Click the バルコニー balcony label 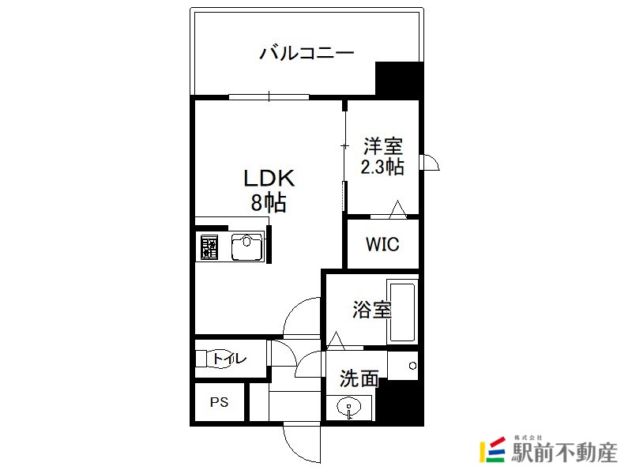coord(307,53)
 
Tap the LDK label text coord(269,179)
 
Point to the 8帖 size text coord(269,202)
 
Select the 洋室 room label coord(383,146)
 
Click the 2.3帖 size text coord(382,167)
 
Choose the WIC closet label coord(382,244)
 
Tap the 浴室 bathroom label coord(372,310)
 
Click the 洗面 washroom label coord(359,378)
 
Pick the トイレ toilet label coord(229,359)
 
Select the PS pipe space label coord(220,402)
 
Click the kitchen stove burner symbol coord(209,247)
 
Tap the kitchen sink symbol coord(247,246)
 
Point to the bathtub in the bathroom coord(402,310)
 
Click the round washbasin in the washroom coord(349,407)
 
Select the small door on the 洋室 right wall coord(430,162)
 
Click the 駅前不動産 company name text coord(564,453)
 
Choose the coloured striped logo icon coord(492,450)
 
